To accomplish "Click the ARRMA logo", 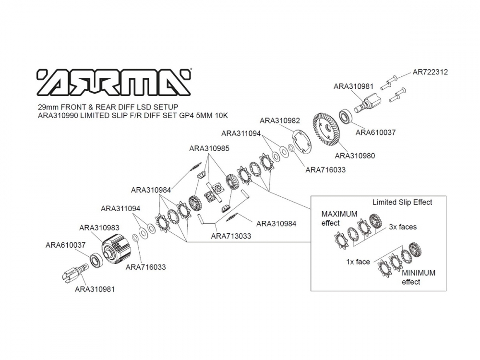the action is point(114,82).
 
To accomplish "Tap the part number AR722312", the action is point(430,72).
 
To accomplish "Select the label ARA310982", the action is point(280,120).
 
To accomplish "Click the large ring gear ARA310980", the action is point(327,129).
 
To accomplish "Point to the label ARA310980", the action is point(355,156).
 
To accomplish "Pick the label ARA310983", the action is point(99,228).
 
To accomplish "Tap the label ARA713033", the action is point(231,236).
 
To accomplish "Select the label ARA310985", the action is point(209,148).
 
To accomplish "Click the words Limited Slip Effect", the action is point(402,203).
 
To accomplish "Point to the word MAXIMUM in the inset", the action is point(339,214).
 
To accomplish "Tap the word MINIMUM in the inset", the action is point(419,273).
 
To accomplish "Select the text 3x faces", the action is point(403,227).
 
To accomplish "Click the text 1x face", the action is point(358,262).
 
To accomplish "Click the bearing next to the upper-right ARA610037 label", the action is point(346,116).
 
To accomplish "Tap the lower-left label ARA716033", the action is point(146,267).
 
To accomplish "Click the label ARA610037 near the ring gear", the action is point(376,132).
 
